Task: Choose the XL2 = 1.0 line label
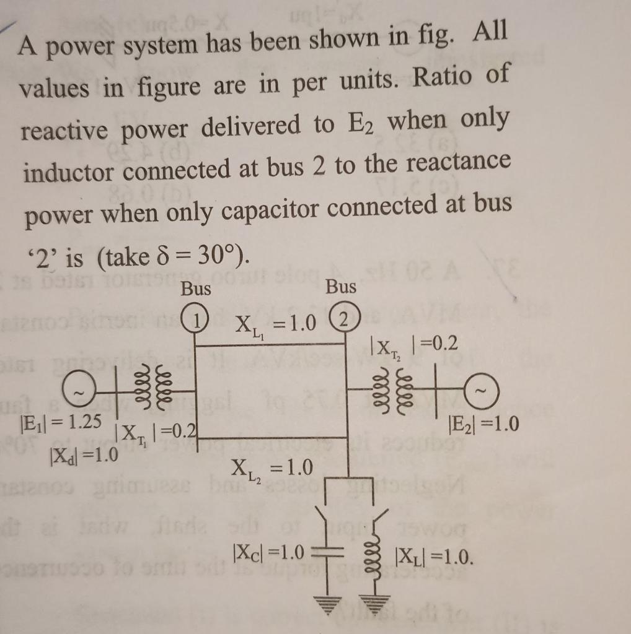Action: coord(271,469)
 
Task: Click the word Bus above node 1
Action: coord(196,289)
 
